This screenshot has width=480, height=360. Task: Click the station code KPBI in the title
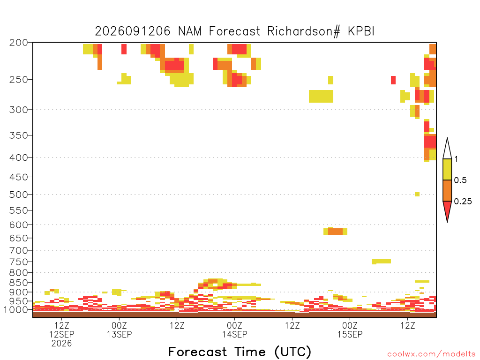click(x=361, y=31)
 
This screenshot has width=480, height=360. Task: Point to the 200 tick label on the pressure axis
click(x=19, y=42)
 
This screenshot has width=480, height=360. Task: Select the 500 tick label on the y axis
click(x=19, y=195)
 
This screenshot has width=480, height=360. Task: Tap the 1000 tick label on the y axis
click(x=16, y=309)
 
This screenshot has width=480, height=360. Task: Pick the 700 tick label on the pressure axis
click(x=19, y=250)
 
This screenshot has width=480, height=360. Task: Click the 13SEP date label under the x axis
click(x=119, y=334)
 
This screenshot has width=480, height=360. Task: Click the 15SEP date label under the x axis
click(x=350, y=334)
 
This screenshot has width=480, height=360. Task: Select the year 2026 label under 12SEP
click(x=61, y=344)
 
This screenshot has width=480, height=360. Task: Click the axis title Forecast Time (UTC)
click(x=240, y=352)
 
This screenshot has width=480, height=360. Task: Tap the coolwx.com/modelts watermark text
click(x=431, y=354)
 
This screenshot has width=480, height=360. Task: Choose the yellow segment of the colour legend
click(x=447, y=169)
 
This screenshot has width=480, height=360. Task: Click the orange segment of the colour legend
click(x=447, y=190)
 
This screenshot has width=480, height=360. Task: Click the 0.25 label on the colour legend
click(x=463, y=202)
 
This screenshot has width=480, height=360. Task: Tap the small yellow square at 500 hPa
click(x=417, y=194)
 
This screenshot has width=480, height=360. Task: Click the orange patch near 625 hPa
click(x=335, y=232)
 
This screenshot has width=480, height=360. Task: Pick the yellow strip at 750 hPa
click(x=381, y=261)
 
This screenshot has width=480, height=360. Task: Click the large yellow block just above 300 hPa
click(x=321, y=96)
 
